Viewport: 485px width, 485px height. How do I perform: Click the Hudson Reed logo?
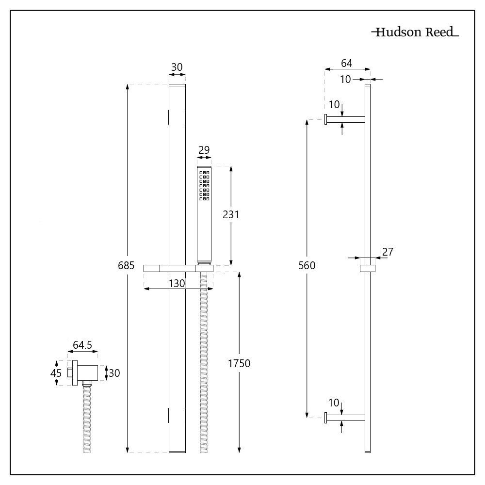point(415,33)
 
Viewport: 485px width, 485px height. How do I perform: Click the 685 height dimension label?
point(126,265)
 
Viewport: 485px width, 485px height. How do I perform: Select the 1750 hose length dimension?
point(239,363)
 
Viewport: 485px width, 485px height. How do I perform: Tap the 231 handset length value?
point(231,214)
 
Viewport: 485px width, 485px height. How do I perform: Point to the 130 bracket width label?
point(177,284)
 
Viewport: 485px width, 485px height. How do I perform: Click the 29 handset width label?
point(204,150)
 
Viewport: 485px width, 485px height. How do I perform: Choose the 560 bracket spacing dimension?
point(307,265)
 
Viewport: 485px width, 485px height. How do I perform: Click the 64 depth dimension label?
point(347,63)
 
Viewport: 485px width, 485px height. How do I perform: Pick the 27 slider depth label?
point(388,252)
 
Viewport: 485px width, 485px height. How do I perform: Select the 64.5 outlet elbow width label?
point(82,345)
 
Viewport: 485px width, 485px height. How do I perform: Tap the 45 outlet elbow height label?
point(56,373)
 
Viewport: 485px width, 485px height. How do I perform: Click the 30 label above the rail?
point(177,67)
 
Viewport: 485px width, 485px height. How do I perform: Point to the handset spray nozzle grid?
point(204,185)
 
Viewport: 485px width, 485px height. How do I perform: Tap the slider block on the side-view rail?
point(367,269)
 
